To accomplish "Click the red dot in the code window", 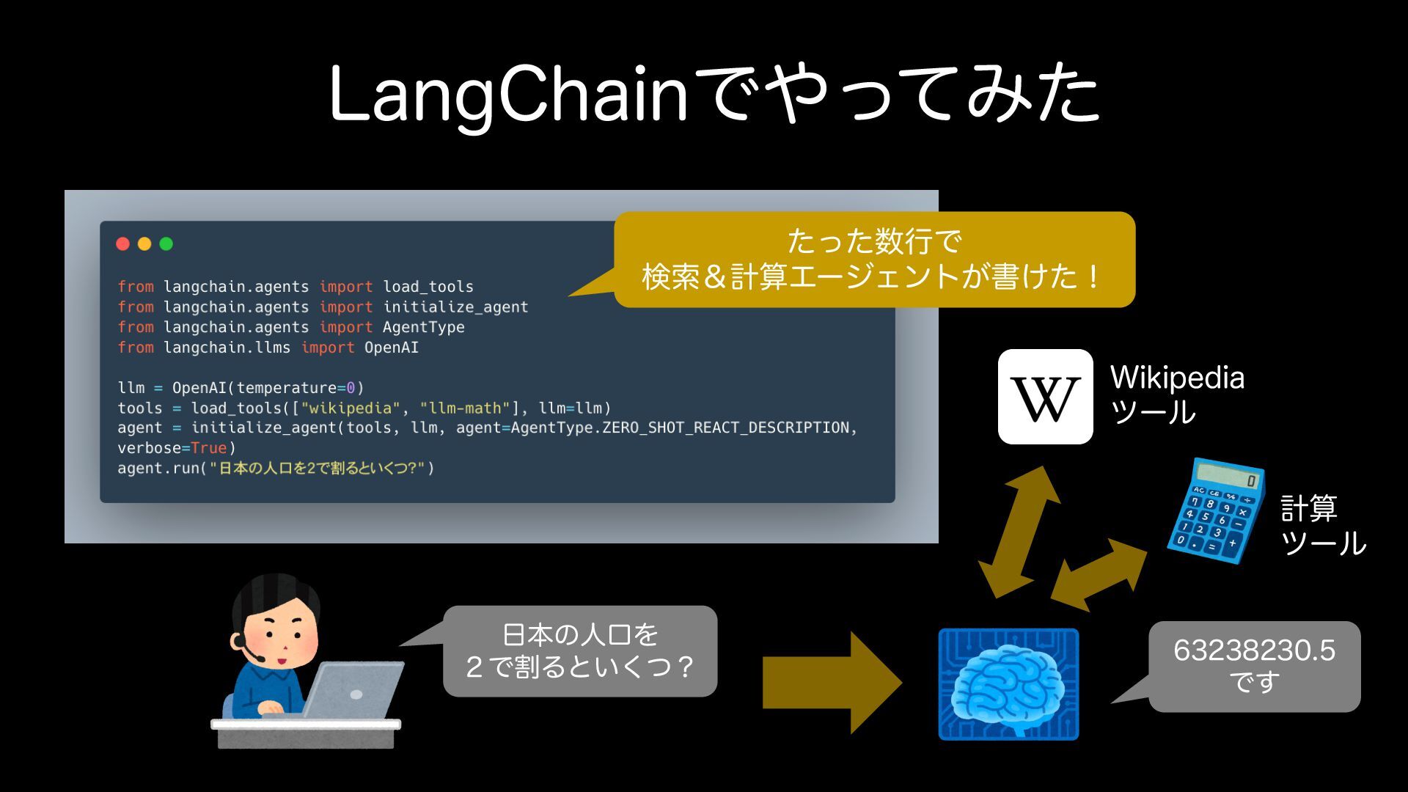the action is pyautogui.click(x=122, y=243).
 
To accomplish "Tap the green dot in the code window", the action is pyautogui.click(x=166, y=243).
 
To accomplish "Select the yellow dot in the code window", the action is pyautogui.click(x=144, y=243).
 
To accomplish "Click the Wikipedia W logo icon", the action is pyautogui.click(x=1045, y=397).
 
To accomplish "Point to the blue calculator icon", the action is pyautogui.click(x=1216, y=511).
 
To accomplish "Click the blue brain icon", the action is pyautogui.click(x=1008, y=684).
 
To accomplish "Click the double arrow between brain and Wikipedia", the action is pyautogui.click(x=1019, y=532).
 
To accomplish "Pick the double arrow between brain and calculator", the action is pyautogui.click(x=1099, y=574).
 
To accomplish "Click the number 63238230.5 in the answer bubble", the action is pyautogui.click(x=1254, y=650).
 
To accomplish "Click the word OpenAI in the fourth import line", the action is pyautogui.click(x=392, y=348).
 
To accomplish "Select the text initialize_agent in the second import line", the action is pyautogui.click(x=455, y=307).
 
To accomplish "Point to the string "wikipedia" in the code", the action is pyautogui.click(x=351, y=408).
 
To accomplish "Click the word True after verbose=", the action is pyautogui.click(x=209, y=448).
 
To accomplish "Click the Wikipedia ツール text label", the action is pyautogui.click(x=1176, y=395).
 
